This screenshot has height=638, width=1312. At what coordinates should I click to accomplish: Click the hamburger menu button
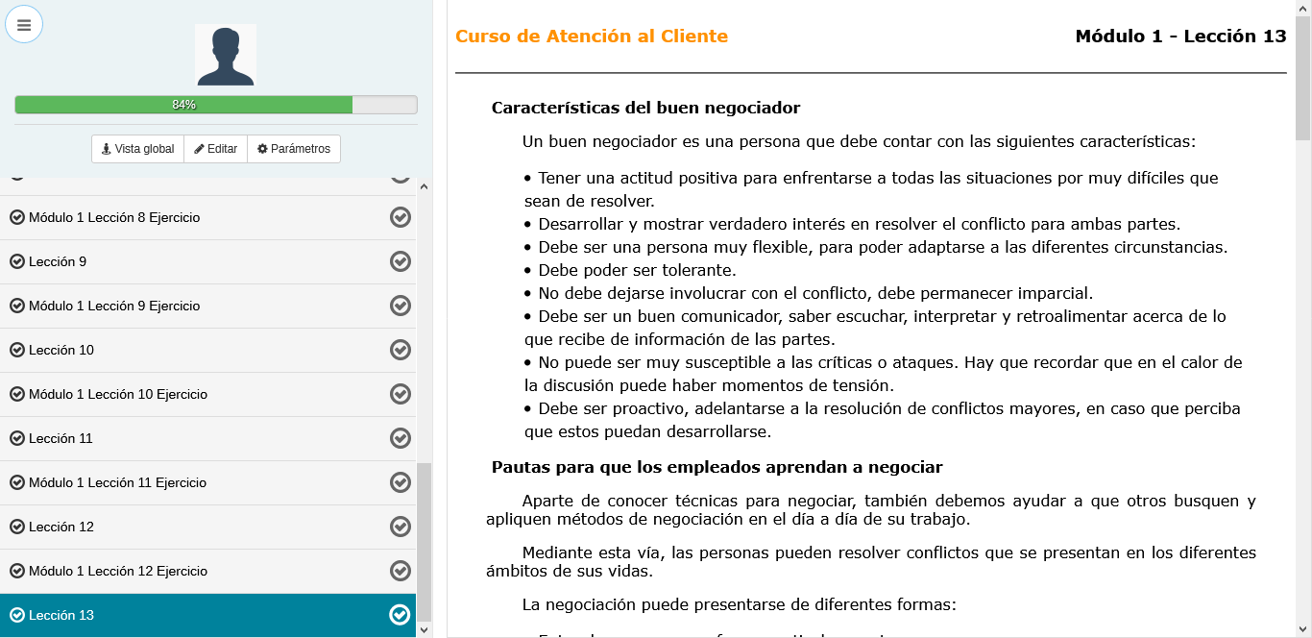point(24,25)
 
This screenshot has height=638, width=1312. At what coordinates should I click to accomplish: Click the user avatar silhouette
point(225,56)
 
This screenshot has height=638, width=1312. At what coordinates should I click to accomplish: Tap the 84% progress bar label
point(183,105)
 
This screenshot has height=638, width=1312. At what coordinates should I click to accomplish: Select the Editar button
point(215,149)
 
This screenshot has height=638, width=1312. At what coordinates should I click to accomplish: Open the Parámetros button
point(294,149)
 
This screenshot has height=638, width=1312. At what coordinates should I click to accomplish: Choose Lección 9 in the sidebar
point(58,261)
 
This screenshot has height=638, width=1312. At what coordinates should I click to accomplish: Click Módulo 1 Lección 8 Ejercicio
point(114,217)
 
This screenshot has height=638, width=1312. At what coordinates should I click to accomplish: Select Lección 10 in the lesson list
point(61,350)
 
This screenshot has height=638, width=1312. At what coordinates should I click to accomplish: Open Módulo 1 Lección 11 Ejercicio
point(117,482)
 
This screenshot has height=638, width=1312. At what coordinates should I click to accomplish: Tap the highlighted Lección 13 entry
point(61,615)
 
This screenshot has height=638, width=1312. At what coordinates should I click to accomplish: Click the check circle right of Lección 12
point(401,527)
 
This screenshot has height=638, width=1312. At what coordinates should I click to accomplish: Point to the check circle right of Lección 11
point(401,438)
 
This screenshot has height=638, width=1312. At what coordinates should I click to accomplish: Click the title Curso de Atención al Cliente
point(592,37)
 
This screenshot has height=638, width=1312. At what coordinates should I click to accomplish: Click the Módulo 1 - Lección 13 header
point(1180,37)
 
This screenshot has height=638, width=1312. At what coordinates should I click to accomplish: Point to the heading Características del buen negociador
point(645,108)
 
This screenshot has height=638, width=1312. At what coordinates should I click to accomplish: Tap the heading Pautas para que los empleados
point(717,467)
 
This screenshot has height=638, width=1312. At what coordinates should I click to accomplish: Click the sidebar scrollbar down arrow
point(425,629)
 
